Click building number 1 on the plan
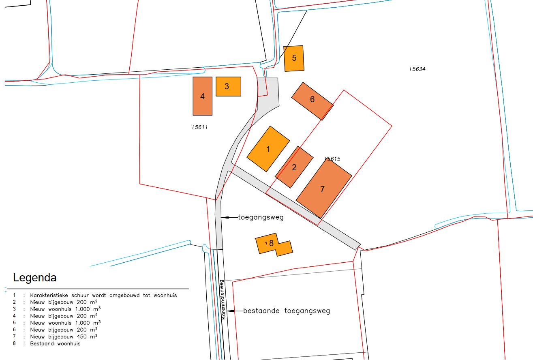coord(268,149)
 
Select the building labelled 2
coord(294,167)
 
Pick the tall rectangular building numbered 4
coord(202,96)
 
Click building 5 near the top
coord(294,58)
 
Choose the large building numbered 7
coord(323,189)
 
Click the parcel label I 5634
coord(417,69)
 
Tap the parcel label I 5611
coord(200,127)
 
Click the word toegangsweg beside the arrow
coord(261,217)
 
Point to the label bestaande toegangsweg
coord(287,311)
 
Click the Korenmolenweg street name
coord(222,299)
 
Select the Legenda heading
coord(35,278)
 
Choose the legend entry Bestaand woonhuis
coord(55,343)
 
